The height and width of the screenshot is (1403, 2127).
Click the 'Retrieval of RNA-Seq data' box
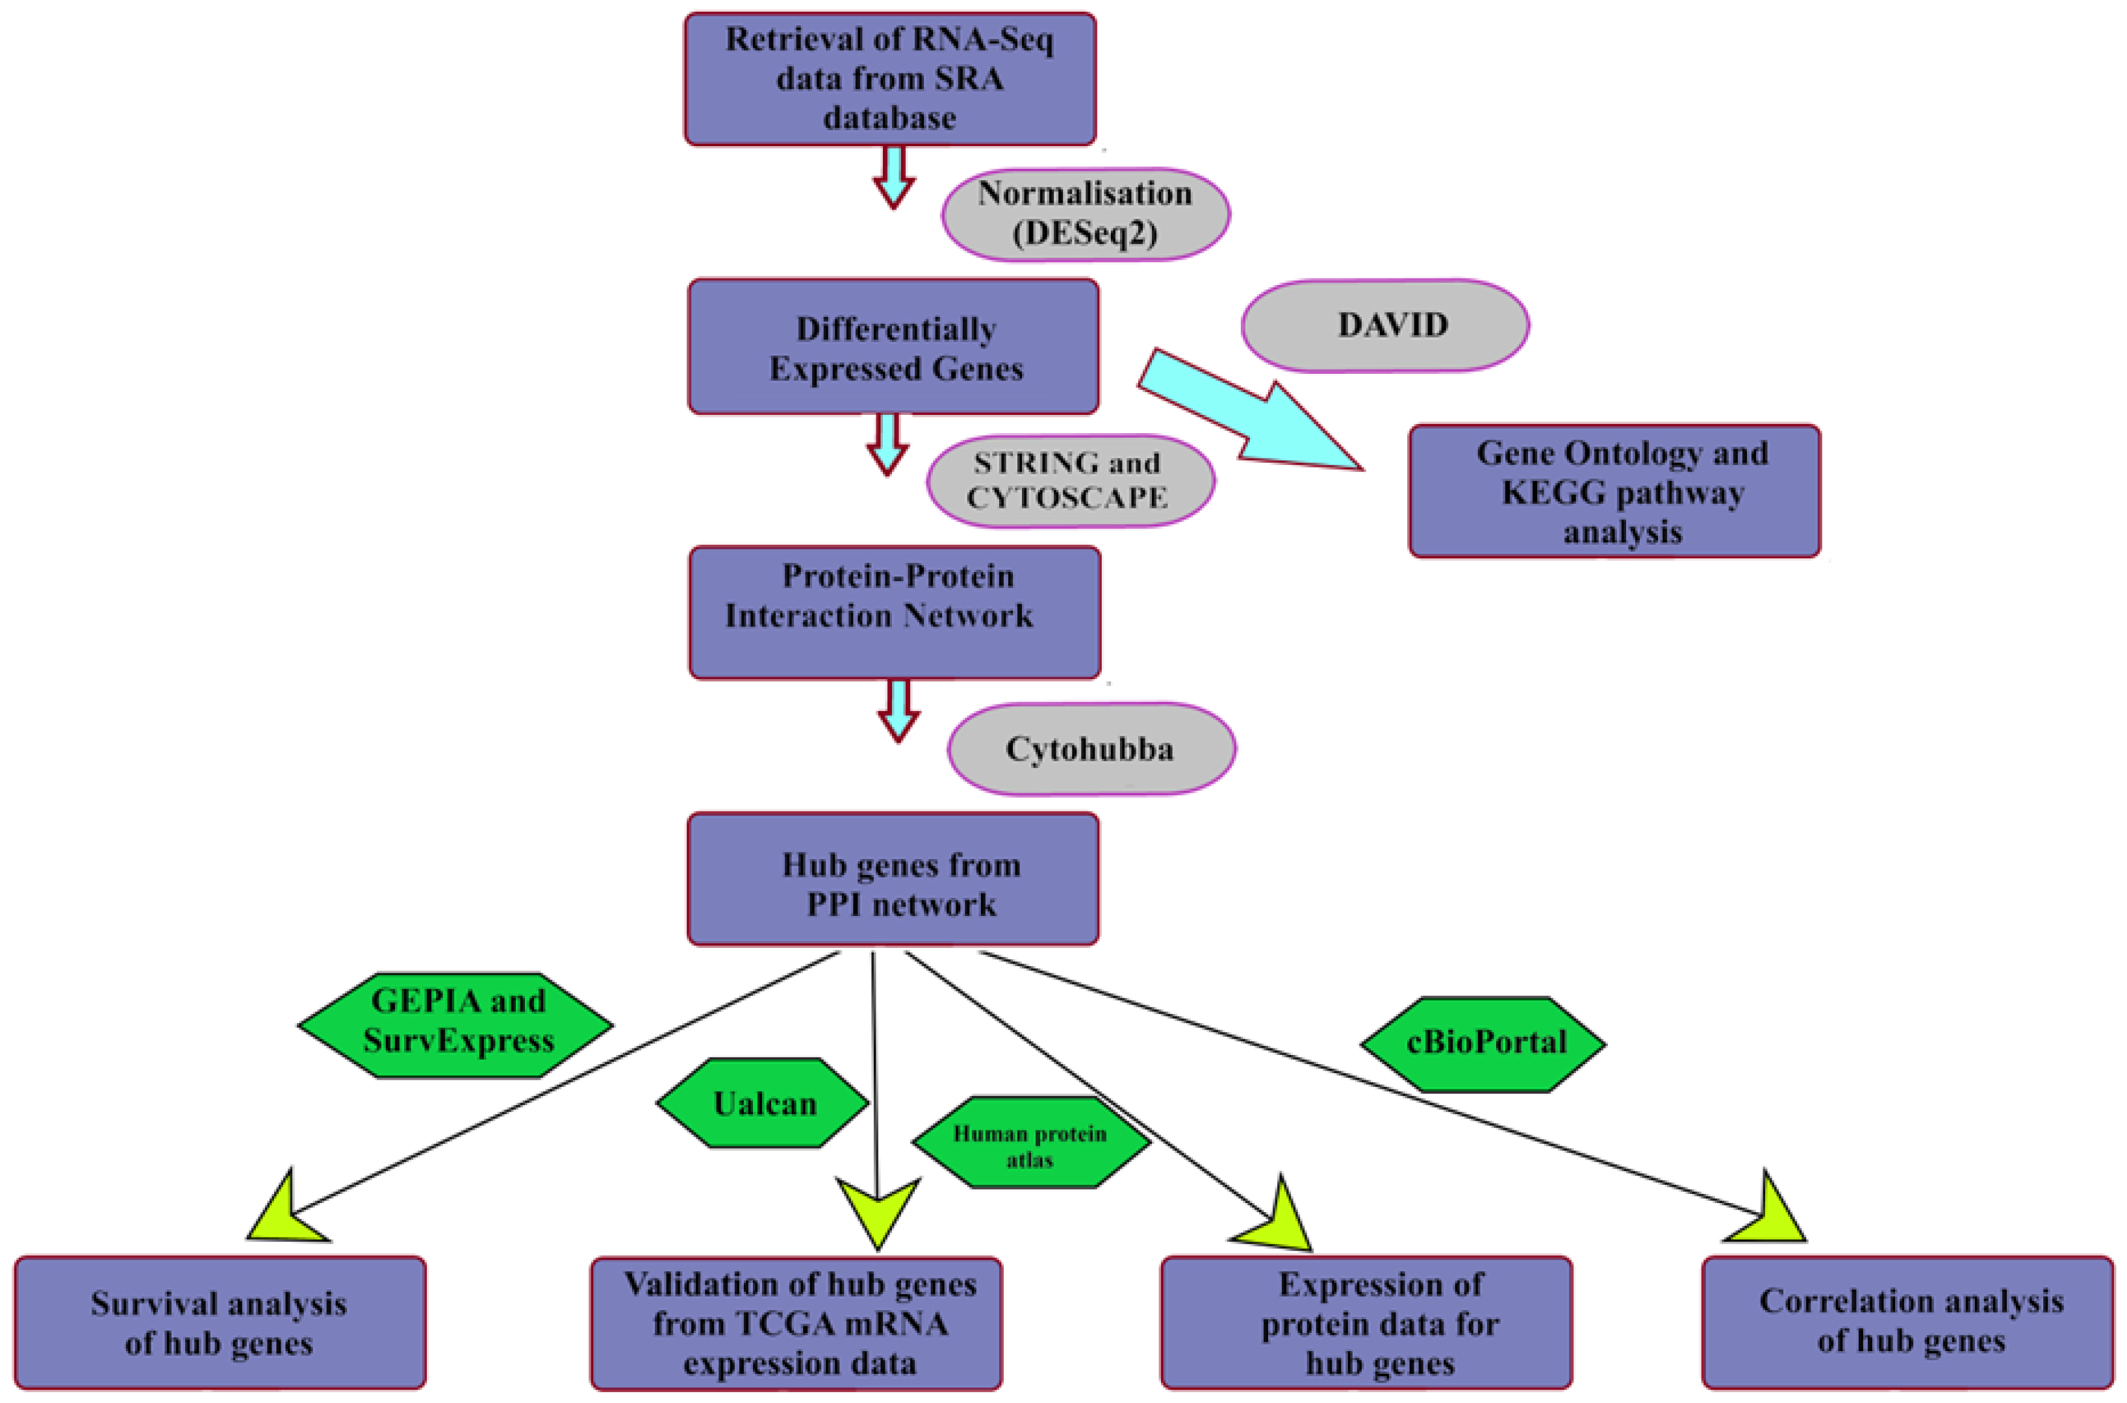tap(890, 79)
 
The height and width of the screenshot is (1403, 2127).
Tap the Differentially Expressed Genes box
tap(893, 347)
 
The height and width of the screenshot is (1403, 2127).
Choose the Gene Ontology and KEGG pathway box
tap(1614, 491)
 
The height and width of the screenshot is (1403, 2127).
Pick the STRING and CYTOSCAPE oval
tap(1070, 481)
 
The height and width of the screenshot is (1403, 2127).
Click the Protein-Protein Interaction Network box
tap(895, 612)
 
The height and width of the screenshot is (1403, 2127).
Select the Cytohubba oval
tap(1091, 749)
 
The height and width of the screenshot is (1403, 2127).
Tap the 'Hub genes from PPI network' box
tap(893, 878)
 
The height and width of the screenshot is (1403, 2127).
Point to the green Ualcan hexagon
tap(763, 1103)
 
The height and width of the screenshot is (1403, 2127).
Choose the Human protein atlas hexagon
tap(1030, 1143)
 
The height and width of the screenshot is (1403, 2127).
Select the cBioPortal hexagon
tap(1483, 1044)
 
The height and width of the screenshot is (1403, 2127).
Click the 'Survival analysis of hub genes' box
tap(220, 1322)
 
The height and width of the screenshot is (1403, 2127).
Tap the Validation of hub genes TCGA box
tap(796, 1323)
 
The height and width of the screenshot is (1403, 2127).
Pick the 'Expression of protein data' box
tap(1366, 1322)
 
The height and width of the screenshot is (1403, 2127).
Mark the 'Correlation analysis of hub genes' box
tap(1907, 1322)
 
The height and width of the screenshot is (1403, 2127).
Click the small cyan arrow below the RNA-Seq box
tap(893, 179)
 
